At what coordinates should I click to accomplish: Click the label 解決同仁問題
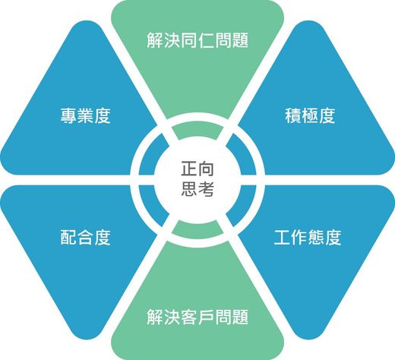click(197, 40)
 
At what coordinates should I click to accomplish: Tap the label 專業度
click(85, 115)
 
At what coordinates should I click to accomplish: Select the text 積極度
click(310, 115)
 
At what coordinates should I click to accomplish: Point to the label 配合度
click(85, 237)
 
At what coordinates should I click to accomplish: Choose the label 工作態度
click(308, 237)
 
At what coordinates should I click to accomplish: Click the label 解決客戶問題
click(197, 317)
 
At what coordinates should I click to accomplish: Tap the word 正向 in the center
click(197, 169)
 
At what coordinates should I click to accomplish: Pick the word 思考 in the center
click(197, 188)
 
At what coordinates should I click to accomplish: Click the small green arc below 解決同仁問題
click(197, 131)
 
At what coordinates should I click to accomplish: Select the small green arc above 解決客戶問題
click(197, 229)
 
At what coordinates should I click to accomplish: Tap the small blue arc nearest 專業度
click(152, 154)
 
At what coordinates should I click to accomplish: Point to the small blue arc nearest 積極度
click(243, 154)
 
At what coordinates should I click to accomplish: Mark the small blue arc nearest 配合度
click(152, 206)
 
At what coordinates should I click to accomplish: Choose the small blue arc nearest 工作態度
click(243, 206)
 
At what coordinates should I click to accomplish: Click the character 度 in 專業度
click(103, 115)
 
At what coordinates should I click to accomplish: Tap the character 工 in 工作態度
click(282, 237)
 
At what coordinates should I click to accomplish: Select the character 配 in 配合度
click(68, 237)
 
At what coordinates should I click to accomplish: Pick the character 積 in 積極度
click(293, 115)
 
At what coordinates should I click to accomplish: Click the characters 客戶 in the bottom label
click(197, 317)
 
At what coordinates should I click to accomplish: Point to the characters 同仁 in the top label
click(197, 40)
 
